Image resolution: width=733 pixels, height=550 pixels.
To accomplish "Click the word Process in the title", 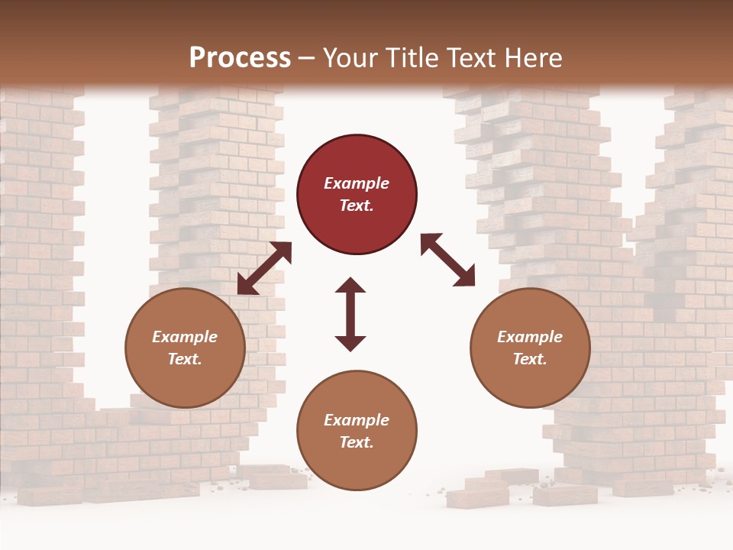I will pos(240,58).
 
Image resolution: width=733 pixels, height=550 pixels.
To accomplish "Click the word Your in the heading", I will pos(350,58).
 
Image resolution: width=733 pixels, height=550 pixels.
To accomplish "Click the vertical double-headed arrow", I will pos(350,314).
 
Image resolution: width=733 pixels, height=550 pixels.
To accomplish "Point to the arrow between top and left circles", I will pos(264,268).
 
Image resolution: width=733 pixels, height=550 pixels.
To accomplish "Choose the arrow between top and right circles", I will pos(447,260).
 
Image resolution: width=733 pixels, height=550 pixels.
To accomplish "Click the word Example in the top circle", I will pos(357,183).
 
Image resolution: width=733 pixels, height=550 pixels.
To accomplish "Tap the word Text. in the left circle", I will pos(185,359).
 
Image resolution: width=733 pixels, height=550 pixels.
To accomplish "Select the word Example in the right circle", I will pos(530,337).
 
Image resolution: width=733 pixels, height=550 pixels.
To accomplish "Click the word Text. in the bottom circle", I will pos(357,442).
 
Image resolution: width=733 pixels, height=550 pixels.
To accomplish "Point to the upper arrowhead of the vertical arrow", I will pos(350,286).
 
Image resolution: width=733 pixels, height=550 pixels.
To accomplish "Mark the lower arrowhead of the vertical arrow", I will pos(350,342).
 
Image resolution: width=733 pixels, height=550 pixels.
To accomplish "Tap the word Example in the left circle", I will pos(185,337).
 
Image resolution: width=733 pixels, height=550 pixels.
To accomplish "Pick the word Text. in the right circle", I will pos(530,359).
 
